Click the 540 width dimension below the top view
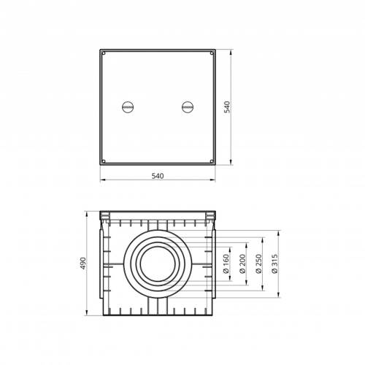coord(158,176)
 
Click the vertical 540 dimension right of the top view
coord(227,107)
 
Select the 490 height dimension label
coord(83,263)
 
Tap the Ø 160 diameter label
coord(226,264)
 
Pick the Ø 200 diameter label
coord(242,264)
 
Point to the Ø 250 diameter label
coord(258,264)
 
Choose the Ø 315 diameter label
coord(275,264)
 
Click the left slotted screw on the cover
coord(128,107)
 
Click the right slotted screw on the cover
coord(188,107)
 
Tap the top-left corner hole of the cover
coord(104,53)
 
